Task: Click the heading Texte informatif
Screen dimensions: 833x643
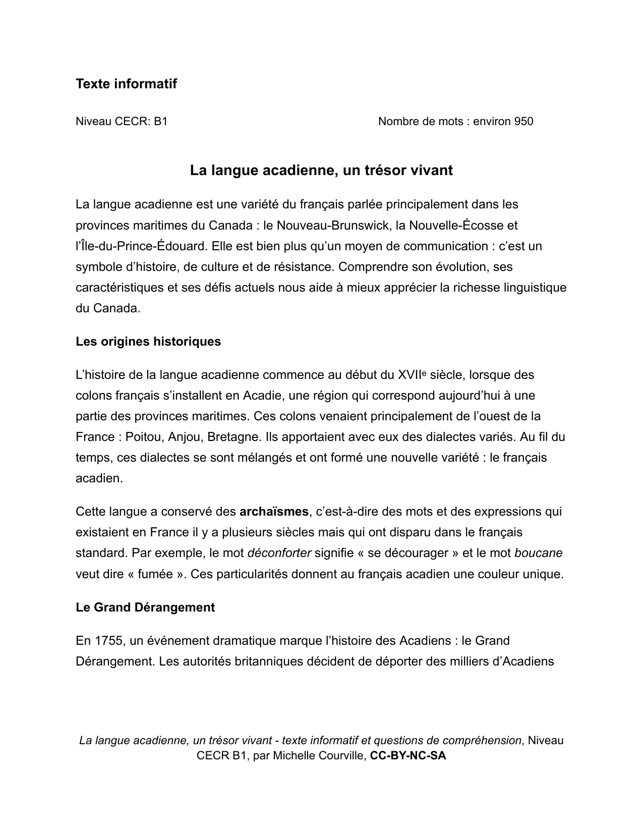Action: pyautogui.click(x=126, y=84)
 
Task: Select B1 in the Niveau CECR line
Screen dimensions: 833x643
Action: pyautogui.click(x=161, y=122)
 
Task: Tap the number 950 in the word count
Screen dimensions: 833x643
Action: pyautogui.click(x=523, y=122)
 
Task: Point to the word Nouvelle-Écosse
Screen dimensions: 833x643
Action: pyautogui.click(x=457, y=226)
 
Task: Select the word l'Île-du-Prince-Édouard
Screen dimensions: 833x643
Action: pyautogui.click(x=141, y=246)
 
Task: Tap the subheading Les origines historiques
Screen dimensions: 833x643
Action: pyautogui.click(x=148, y=342)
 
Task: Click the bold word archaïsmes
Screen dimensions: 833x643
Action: pyautogui.click(x=274, y=512)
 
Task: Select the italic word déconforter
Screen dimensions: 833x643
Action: pyautogui.click(x=279, y=553)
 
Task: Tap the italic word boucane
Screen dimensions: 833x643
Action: pyautogui.click(x=538, y=553)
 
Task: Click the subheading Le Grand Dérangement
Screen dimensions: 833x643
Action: pyautogui.click(x=145, y=607)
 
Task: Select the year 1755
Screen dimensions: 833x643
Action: pyautogui.click(x=108, y=641)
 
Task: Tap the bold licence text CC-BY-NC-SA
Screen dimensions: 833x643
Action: pyautogui.click(x=408, y=756)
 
